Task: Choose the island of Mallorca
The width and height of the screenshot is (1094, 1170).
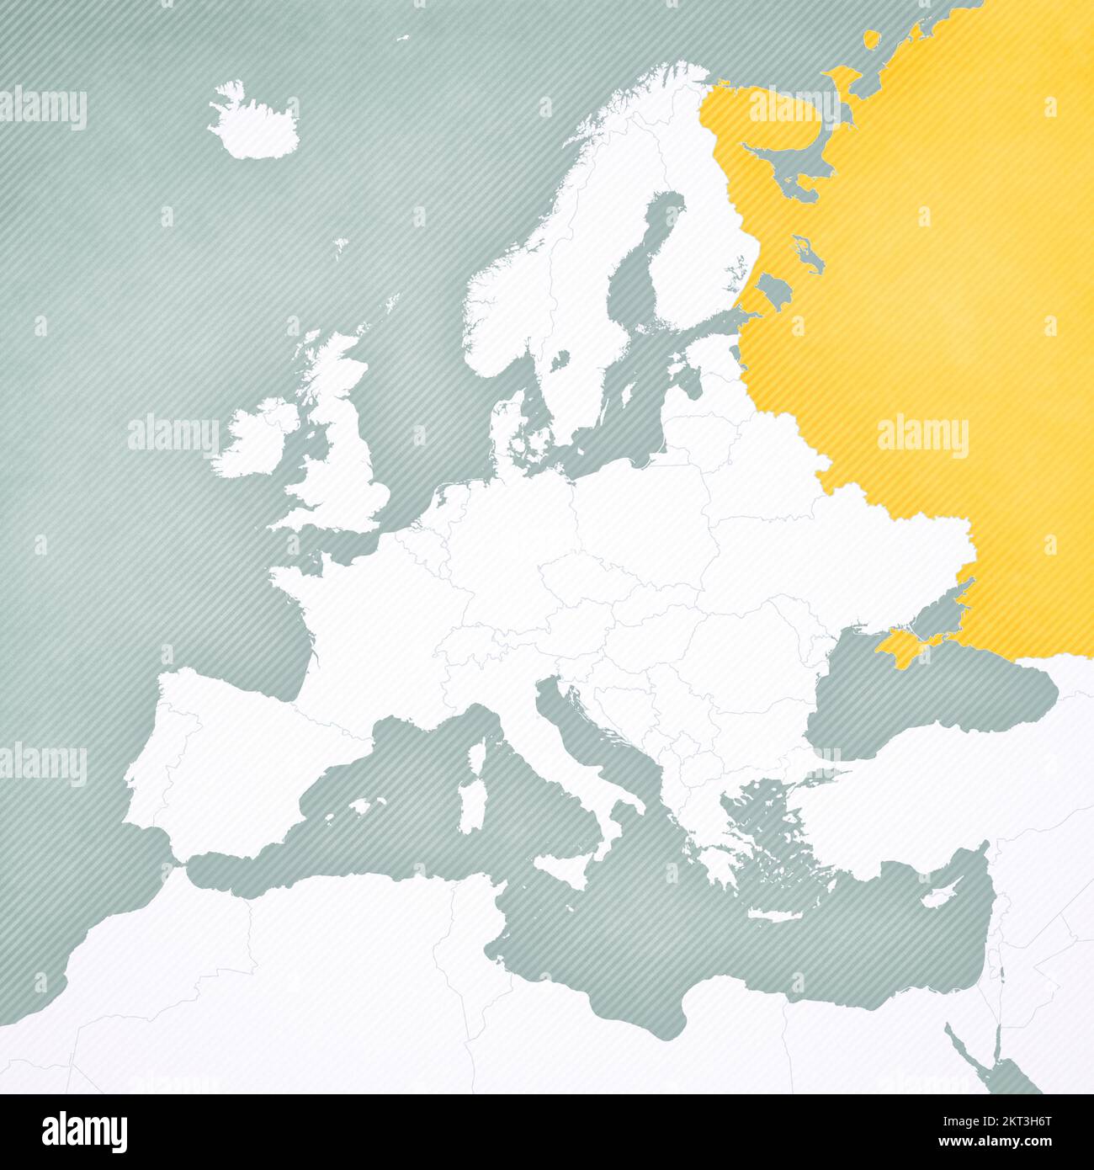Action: pos(362,806)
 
